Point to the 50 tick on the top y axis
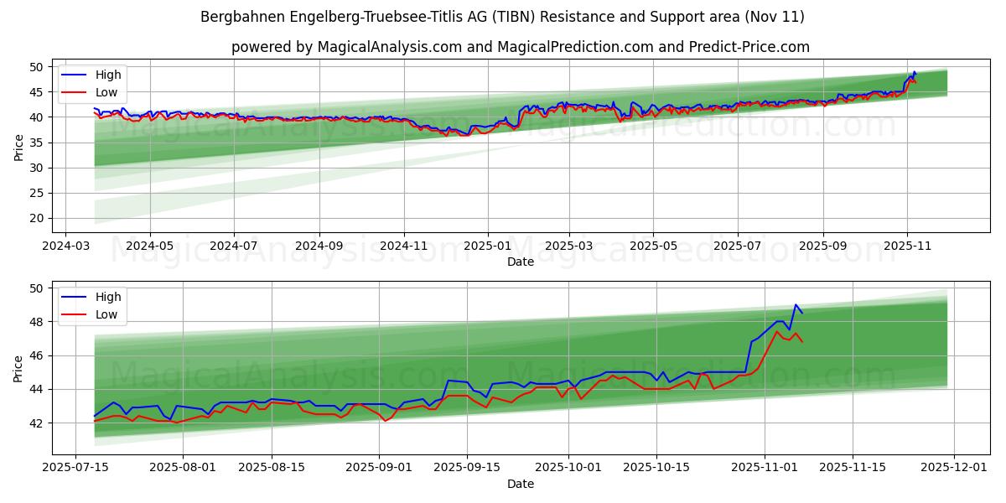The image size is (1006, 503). (37, 66)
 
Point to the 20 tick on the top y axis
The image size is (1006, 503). (37, 218)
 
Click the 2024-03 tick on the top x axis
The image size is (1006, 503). (66, 247)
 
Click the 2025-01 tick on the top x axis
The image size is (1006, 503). (487, 247)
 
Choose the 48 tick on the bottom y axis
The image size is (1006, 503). (37, 322)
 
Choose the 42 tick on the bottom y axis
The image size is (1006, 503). (37, 423)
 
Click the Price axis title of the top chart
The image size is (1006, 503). (19, 147)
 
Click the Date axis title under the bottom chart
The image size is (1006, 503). (521, 484)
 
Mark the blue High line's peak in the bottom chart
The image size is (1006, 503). (796, 305)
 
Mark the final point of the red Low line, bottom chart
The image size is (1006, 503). (802, 342)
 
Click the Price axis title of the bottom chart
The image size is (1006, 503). (19, 368)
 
